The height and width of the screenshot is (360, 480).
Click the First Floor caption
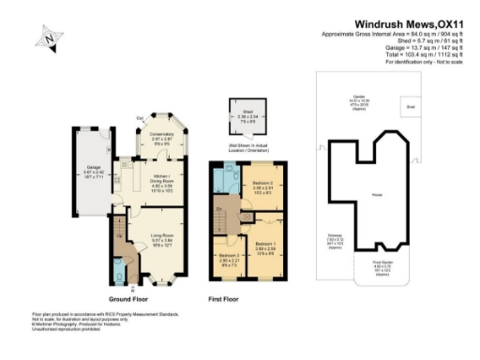[227, 298]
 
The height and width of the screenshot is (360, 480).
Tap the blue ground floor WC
[118, 273]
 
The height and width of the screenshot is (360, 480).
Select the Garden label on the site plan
[358, 97]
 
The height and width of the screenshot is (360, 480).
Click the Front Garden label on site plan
[381, 265]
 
